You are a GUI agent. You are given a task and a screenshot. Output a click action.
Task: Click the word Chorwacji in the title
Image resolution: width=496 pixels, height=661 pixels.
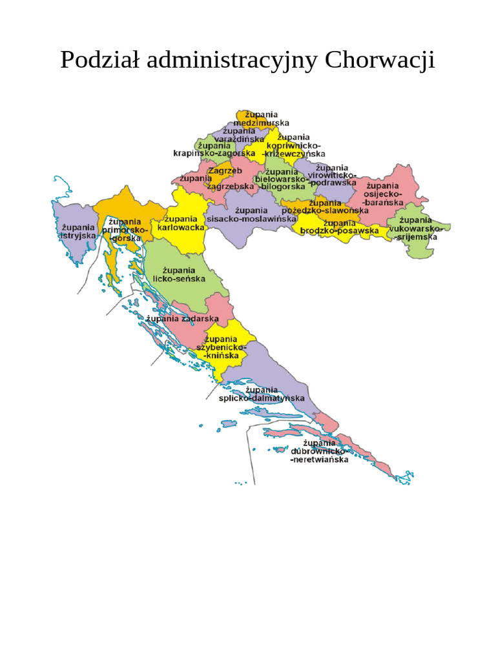pyautogui.click(x=380, y=60)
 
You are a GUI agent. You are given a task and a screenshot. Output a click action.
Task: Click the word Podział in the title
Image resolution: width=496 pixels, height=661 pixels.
pyautogui.click(x=100, y=60)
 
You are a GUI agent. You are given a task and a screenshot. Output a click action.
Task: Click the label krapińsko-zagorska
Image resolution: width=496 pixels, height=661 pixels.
pyautogui.click(x=214, y=153)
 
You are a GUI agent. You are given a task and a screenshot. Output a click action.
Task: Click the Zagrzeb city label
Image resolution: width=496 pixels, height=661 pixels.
pyautogui.click(x=225, y=170)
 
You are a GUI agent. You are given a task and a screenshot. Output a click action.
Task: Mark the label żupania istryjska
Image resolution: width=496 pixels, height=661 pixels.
pyautogui.click(x=78, y=232)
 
